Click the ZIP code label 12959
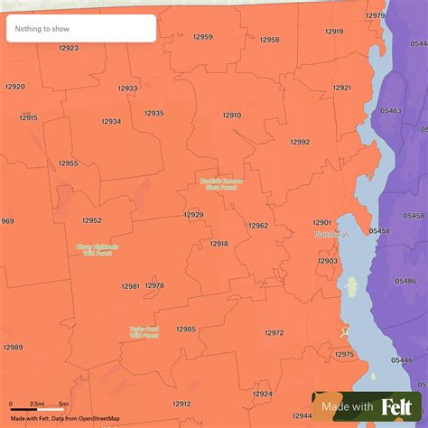(x=202, y=37)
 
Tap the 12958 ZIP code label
(x=269, y=40)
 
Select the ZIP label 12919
(x=333, y=32)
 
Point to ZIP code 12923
(x=68, y=49)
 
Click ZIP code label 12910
(x=232, y=116)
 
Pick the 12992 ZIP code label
(x=300, y=142)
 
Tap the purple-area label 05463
(x=391, y=109)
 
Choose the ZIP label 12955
(x=69, y=163)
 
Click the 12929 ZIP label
(x=193, y=215)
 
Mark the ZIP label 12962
(x=258, y=226)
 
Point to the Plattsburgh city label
(x=330, y=235)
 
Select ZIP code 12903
(x=327, y=261)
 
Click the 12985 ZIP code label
(x=185, y=330)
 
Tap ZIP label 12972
(x=274, y=333)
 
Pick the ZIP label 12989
(x=13, y=348)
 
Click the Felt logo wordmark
(x=396, y=407)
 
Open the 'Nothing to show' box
(x=81, y=29)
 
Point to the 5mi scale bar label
(x=64, y=403)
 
